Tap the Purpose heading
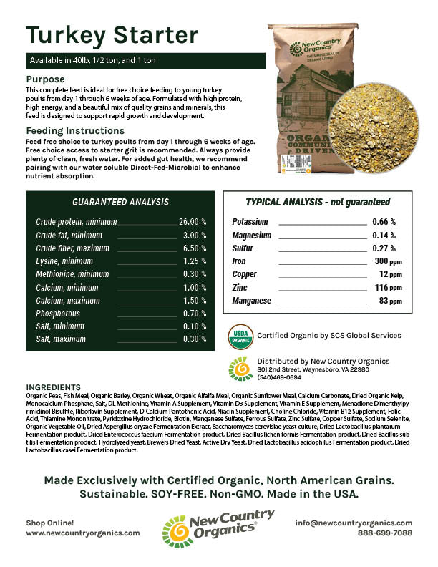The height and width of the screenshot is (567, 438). (x=46, y=79)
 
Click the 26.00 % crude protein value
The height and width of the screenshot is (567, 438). (x=193, y=222)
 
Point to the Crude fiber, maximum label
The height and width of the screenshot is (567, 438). (x=69, y=248)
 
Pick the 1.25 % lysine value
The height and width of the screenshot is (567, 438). (x=195, y=261)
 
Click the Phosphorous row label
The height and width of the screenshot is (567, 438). (x=58, y=314)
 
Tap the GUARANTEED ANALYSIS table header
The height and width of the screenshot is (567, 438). (x=121, y=203)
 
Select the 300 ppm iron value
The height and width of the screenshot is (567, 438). (x=389, y=261)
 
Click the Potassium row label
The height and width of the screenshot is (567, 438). (x=250, y=223)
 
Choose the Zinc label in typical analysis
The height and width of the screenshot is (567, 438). (x=240, y=288)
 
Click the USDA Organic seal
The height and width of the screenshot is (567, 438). (x=240, y=335)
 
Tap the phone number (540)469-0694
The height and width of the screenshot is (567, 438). (x=278, y=377)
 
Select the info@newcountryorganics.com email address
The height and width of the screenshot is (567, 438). (x=354, y=523)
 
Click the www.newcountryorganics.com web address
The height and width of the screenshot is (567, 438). (x=83, y=533)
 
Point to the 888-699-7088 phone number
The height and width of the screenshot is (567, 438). (x=384, y=533)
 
